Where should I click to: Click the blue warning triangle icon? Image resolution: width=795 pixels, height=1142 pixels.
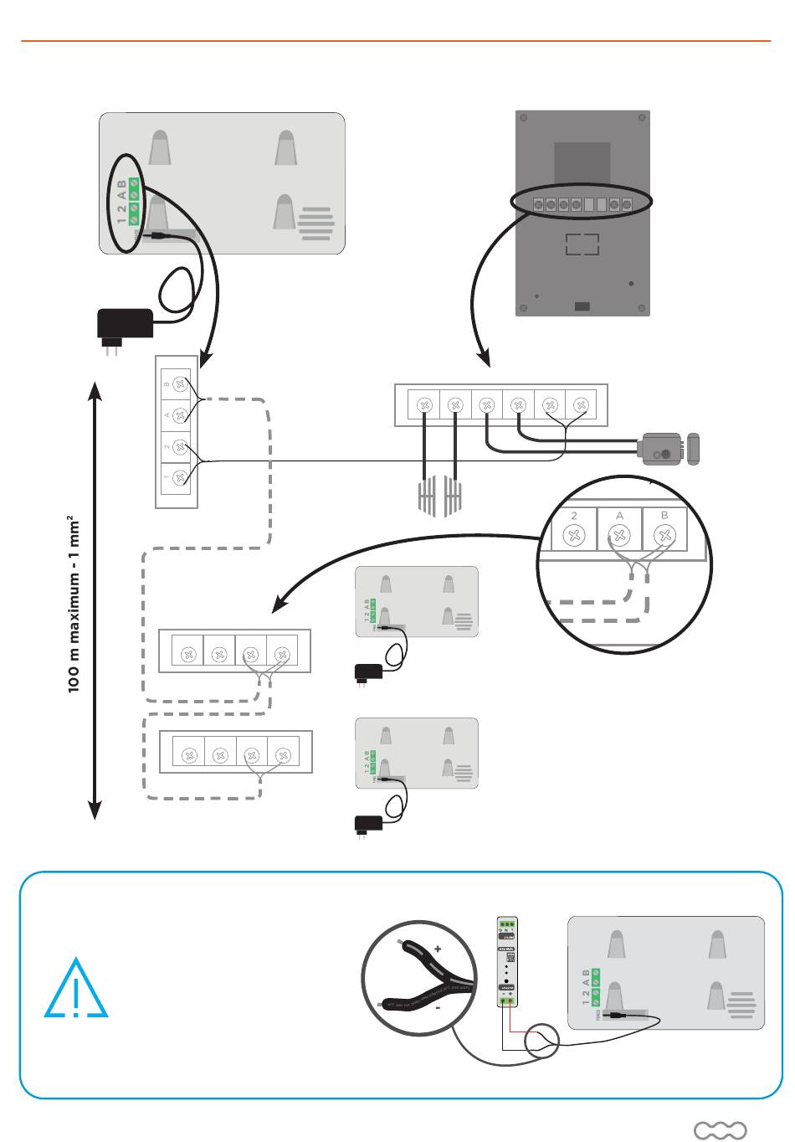[x=75, y=990]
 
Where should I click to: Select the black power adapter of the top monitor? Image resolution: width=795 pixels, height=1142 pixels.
[x=126, y=323]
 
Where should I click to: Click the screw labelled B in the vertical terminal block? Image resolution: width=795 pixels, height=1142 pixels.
[x=178, y=383]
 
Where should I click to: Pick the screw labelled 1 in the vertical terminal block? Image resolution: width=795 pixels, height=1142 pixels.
[x=178, y=478]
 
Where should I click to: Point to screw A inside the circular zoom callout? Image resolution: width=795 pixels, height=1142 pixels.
[x=619, y=534]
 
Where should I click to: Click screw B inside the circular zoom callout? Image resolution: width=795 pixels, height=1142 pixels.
[x=664, y=534]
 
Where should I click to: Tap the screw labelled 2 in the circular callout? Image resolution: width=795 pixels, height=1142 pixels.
[x=574, y=534]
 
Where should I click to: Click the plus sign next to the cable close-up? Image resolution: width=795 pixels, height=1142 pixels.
[x=437, y=949]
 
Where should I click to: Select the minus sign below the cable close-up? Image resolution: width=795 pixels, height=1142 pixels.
[x=437, y=1009]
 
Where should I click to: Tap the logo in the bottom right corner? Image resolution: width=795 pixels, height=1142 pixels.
[x=720, y=1131]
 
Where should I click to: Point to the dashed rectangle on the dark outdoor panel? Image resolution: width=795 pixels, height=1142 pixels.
[x=582, y=244]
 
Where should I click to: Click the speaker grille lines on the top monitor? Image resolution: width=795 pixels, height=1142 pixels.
[x=315, y=224]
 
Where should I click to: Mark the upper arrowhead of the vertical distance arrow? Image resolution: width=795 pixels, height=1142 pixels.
[x=95, y=391]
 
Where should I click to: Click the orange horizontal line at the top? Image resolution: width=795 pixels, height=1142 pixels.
[x=395, y=40]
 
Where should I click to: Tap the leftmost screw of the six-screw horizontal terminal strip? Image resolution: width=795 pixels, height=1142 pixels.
[x=424, y=406]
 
